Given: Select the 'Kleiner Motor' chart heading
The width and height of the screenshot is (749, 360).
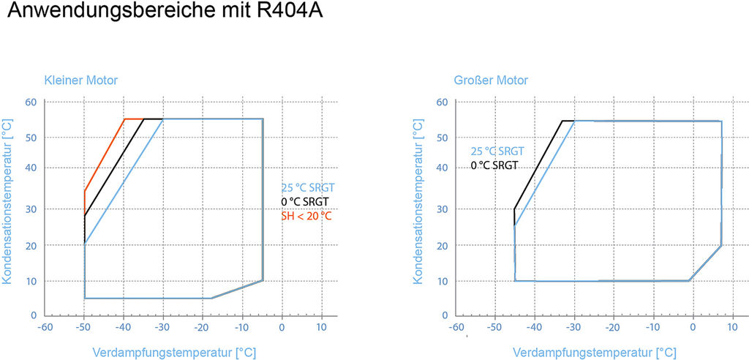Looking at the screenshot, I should pos(80,80).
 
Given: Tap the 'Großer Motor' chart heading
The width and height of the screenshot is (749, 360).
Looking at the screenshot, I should pos(490,80).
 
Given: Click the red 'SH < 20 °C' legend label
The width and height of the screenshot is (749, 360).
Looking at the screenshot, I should pos(306,216).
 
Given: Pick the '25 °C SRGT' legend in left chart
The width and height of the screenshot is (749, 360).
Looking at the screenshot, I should pos(308,187).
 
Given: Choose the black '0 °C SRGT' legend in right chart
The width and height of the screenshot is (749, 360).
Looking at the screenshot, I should pos(494,165).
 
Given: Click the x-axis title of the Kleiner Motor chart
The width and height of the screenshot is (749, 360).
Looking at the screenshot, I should pos(174,353).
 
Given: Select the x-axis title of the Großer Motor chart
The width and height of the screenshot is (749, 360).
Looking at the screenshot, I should pos(593,353).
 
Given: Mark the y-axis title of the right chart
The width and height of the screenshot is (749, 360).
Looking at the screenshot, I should pos(418,199).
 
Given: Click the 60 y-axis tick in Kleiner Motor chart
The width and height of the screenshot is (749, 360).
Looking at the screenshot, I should pos(31,102).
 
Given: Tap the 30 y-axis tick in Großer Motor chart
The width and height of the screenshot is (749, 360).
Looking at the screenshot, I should pos(441,209).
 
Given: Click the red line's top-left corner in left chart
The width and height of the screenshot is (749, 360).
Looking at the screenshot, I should pos(124,119).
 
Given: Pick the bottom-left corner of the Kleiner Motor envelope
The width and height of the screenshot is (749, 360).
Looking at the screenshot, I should pos(84,298).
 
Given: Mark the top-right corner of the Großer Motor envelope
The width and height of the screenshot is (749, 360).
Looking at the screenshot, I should pos(721,121).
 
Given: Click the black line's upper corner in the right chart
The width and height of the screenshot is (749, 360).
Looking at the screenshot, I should pos(562,121).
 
